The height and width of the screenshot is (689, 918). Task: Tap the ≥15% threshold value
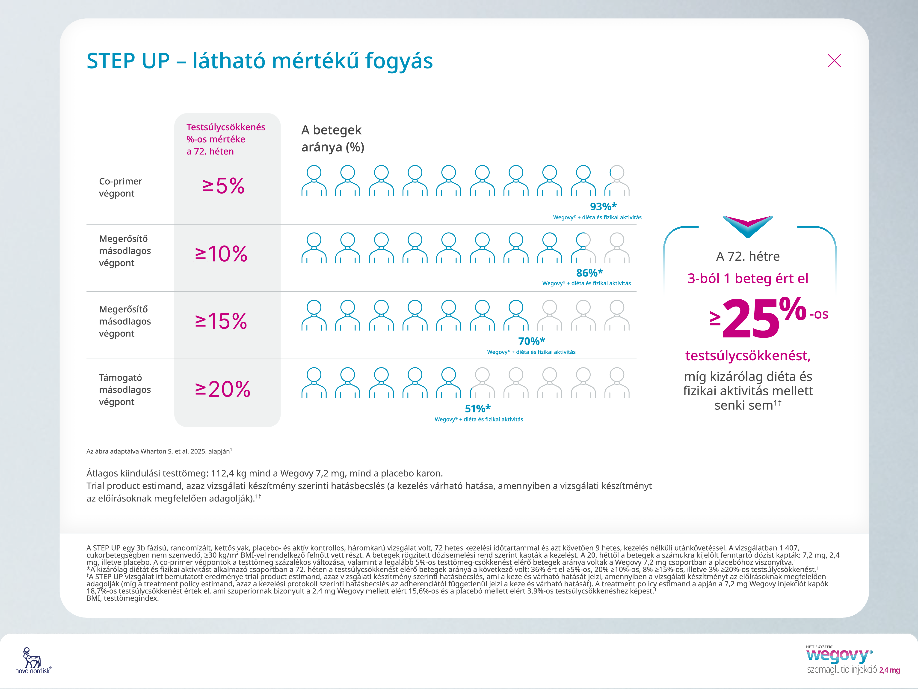(221, 321)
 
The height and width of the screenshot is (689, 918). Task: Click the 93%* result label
(603, 206)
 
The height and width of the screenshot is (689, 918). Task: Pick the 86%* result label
(589, 273)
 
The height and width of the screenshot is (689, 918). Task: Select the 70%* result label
(531, 341)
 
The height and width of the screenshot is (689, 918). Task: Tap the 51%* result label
(478, 409)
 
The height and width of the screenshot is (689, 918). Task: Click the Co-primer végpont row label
(120, 187)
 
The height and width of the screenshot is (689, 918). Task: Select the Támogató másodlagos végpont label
(124, 390)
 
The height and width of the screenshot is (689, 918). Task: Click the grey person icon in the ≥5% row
(617, 181)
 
